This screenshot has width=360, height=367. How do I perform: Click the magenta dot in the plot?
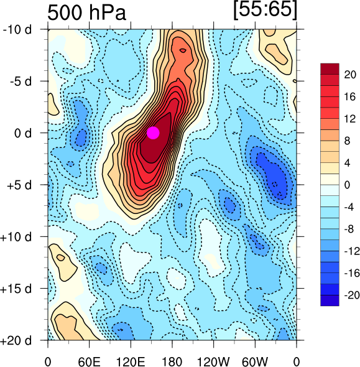(153, 132)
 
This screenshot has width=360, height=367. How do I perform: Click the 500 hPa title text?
(87, 12)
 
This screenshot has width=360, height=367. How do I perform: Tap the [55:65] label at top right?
(265, 10)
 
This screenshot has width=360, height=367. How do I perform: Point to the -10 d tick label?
(17, 30)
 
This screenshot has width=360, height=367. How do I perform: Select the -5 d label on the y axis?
(21, 81)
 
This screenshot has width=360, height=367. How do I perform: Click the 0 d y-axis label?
(23, 133)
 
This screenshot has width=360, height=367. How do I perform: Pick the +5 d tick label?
(19, 185)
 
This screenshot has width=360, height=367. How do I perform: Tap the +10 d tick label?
(16, 237)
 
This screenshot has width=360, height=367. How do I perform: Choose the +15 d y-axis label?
(16, 289)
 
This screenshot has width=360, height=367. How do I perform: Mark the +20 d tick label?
(16, 340)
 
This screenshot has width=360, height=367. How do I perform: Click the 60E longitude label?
(89, 362)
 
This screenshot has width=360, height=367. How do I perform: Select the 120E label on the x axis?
(131, 362)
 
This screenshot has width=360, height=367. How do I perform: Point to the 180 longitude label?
(172, 362)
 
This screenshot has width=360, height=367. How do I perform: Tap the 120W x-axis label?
(213, 362)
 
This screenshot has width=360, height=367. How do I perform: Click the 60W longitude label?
(255, 362)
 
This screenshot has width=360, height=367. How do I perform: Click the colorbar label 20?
(350, 75)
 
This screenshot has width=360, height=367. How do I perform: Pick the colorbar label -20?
(352, 295)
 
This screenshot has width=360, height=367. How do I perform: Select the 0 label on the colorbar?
(347, 185)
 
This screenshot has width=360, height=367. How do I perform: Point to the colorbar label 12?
(350, 119)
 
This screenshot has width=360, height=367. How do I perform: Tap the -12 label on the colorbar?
(352, 251)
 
